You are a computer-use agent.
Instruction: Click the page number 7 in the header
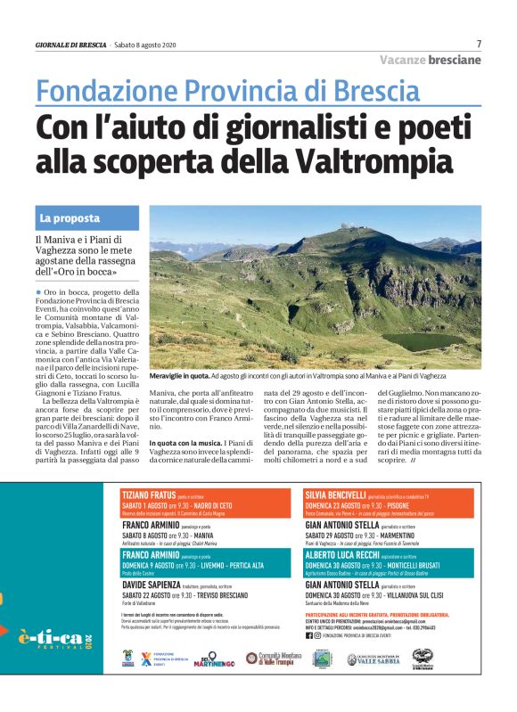click(x=479, y=44)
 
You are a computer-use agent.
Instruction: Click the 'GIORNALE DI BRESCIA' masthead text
click(x=70, y=45)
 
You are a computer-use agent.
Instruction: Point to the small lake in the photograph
click(x=446, y=341)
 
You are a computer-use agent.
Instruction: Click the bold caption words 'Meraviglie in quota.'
click(x=184, y=377)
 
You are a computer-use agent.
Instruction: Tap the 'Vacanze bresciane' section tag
click(x=430, y=60)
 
